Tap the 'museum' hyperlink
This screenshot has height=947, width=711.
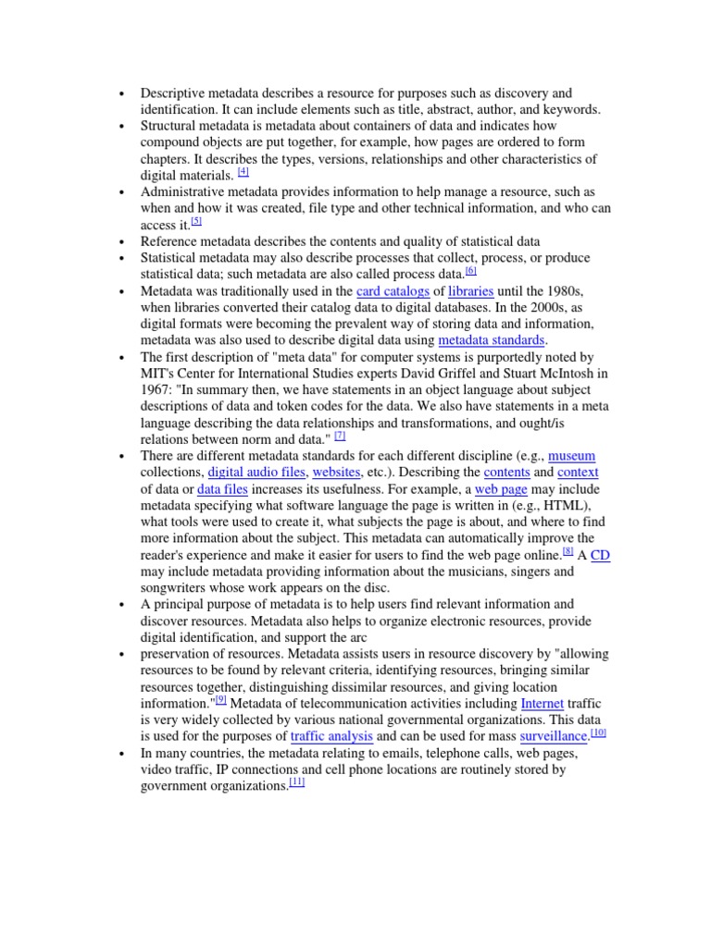[571, 456]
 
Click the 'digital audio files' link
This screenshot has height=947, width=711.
[256, 472]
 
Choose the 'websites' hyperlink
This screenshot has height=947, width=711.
[336, 472]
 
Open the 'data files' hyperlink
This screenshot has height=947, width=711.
[221, 488]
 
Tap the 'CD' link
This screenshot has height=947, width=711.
[600, 555]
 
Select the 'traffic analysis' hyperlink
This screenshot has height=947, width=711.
[331, 737]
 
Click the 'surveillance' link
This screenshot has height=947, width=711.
[554, 737]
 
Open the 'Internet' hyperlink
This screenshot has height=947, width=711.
[543, 704]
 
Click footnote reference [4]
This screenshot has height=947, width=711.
[243, 172]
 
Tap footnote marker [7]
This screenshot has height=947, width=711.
[340, 435]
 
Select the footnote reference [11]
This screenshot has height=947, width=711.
[296, 782]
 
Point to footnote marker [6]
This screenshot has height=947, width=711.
[470, 271]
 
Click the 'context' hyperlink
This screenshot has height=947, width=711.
[579, 472]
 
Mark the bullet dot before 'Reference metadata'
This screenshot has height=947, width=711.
[120, 241]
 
